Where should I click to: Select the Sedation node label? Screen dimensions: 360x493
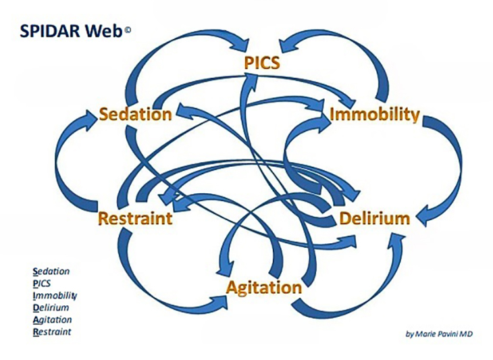pyautogui.click(x=135, y=114)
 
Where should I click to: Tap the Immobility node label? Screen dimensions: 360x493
pyautogui.click(x=375, y=114)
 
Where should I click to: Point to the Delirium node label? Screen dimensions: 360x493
pyautogui.click(x=375, y=219)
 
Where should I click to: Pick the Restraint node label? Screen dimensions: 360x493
pyautogui.click(x=135, y=219)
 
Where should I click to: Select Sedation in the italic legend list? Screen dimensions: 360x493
pyautogui.click(x=51, y=272)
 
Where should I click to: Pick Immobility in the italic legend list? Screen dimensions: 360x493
pyautogui.click(x=53, y=296)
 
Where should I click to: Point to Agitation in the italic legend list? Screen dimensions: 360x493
pyautogui.click(x=52, y=319)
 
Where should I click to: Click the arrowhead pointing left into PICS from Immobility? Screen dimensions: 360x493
pyautogui.click(x=290, y=45)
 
